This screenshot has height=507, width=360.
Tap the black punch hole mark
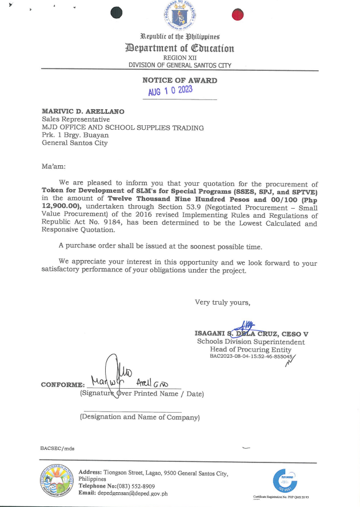coord(117,13)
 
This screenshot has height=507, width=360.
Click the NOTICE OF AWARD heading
coord(179,81)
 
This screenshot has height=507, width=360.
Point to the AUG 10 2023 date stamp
coord(170,91)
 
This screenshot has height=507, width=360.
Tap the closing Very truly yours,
coord(222,302)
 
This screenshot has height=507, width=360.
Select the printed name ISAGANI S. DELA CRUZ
coord(240,333)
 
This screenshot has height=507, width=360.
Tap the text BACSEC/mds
coord(57,449)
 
